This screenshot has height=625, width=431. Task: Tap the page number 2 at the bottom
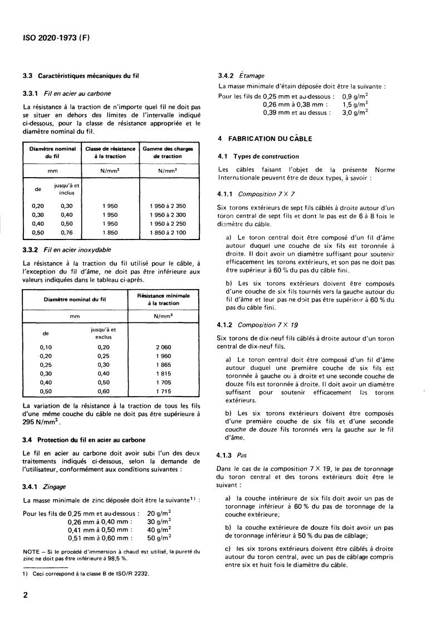(26, 594)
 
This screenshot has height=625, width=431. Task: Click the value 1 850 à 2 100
(168, 232)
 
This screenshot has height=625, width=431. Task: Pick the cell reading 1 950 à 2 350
(168, 206)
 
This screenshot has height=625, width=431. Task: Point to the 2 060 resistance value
(164, 346)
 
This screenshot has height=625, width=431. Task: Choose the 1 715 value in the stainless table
(164, 392)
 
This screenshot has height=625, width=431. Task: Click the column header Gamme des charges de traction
(168, 153)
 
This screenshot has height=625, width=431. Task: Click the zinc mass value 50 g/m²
(159, 538)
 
